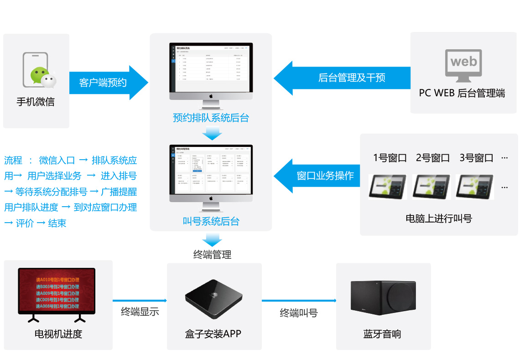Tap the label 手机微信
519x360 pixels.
36,102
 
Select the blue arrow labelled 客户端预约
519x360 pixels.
108,83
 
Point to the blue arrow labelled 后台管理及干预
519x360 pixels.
342,78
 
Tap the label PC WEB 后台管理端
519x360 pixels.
462,93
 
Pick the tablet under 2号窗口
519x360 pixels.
432,187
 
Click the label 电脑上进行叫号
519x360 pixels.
439,219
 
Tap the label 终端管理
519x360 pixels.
212,255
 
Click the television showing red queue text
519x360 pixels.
57,292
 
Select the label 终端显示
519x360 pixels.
140,312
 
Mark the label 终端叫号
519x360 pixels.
298,313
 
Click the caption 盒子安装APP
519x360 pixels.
213,334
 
